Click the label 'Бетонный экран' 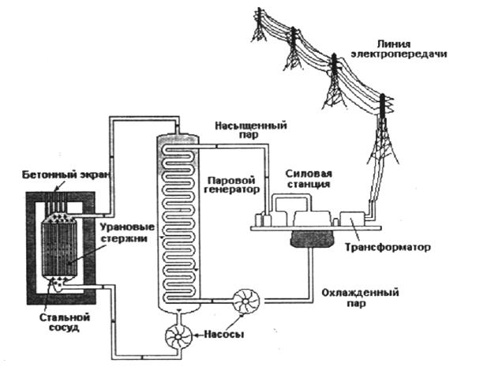tap(66, 175)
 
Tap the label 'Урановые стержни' tap(127, 233)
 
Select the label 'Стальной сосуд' tap(65, 322)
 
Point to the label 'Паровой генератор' tap(232, 185)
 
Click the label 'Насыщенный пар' tap(251, 130)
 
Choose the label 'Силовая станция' tap(309, 178)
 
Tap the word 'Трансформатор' tap(388, 248)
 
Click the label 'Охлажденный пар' tap(360, 298)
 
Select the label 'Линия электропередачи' tap(399, 49)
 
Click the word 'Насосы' tap(223, 335)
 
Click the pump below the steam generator tap(178, 336)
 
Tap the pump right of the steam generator tap(246, 301)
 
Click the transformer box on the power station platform tap(351, 219)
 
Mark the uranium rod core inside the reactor tap(59, 247)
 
